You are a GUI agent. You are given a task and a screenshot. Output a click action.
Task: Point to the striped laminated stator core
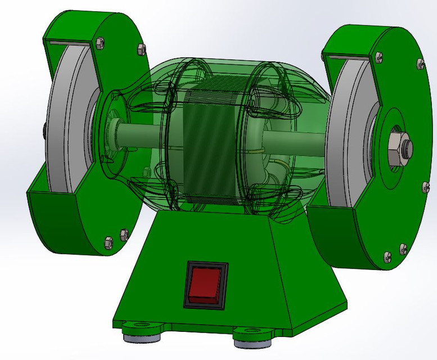211,146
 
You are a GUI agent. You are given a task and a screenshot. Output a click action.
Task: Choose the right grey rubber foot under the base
253,342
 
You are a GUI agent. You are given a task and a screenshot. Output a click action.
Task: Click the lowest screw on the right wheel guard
388,257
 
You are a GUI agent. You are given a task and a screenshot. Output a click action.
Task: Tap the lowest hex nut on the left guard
109,242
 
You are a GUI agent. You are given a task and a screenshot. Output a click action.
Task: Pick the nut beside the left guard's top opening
100,42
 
